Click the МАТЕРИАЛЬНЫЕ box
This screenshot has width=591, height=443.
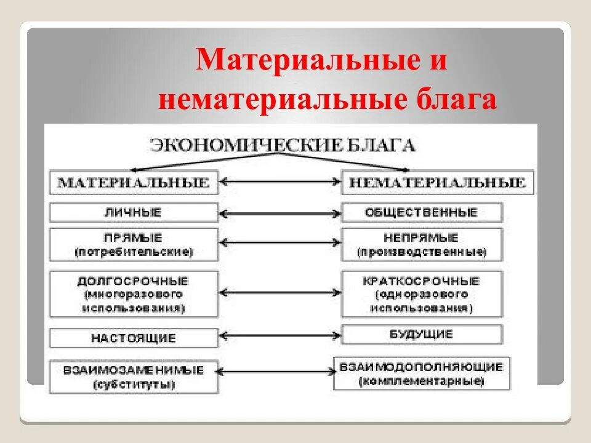click(134, 183)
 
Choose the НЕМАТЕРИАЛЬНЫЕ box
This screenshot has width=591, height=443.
click(438, 183)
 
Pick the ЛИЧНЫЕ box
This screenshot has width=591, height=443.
click(134, 213)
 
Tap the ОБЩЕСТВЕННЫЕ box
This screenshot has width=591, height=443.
click(422, 213)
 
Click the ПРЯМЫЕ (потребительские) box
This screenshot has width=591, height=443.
click(134, 244)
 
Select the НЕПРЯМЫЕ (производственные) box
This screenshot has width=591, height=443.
click(422, 244)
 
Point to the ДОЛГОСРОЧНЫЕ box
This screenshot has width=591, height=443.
click(134, 294)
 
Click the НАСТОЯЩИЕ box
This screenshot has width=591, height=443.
click(134, 338)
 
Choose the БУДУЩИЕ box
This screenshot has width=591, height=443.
click(422, 335)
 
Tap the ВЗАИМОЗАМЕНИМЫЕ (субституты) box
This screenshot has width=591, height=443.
click(134, 377)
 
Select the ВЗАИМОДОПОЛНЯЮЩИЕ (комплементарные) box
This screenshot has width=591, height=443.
click(422, 373)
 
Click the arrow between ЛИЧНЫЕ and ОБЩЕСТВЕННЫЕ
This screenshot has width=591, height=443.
click(280, 214)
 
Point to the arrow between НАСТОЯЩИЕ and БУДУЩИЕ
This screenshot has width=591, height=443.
click(280, 337)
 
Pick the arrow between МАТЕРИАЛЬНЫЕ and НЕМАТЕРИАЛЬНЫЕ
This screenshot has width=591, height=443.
click(280, 182)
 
